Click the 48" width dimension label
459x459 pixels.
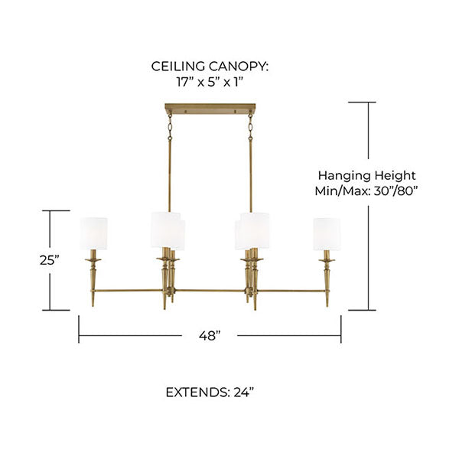[210, 336]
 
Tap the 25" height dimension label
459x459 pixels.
[50, 260]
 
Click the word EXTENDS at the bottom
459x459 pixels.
[197, 392]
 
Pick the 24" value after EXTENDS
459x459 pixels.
[243, 392]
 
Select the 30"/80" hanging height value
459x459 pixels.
[396, 191]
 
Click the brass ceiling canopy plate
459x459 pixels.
[210, 109]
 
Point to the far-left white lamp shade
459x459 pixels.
[93, 233]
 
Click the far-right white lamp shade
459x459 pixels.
[327, 234]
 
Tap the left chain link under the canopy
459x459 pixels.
[170, 127]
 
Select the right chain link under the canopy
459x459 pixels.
[251, 127]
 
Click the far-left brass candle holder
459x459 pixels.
[93, 278]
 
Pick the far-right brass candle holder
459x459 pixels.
[327, 278]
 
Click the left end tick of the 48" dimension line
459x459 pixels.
[79, 329]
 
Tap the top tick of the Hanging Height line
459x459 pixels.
[362, 103]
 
